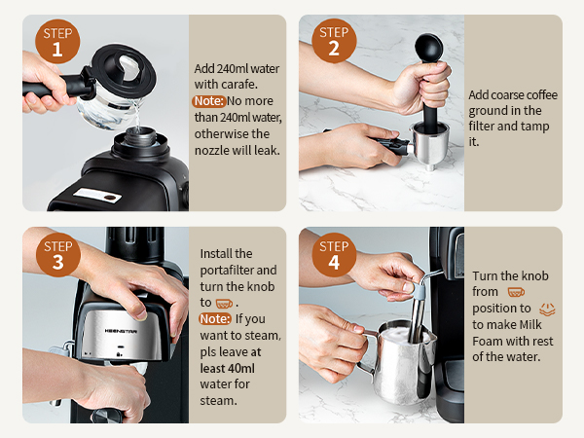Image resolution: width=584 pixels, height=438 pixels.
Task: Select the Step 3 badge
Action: point(57,252)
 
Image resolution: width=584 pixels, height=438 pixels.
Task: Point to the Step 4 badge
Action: point(335,252)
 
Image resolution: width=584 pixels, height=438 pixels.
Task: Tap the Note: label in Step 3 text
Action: point(214,318)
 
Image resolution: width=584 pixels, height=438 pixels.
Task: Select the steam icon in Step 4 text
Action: point(547,309)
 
